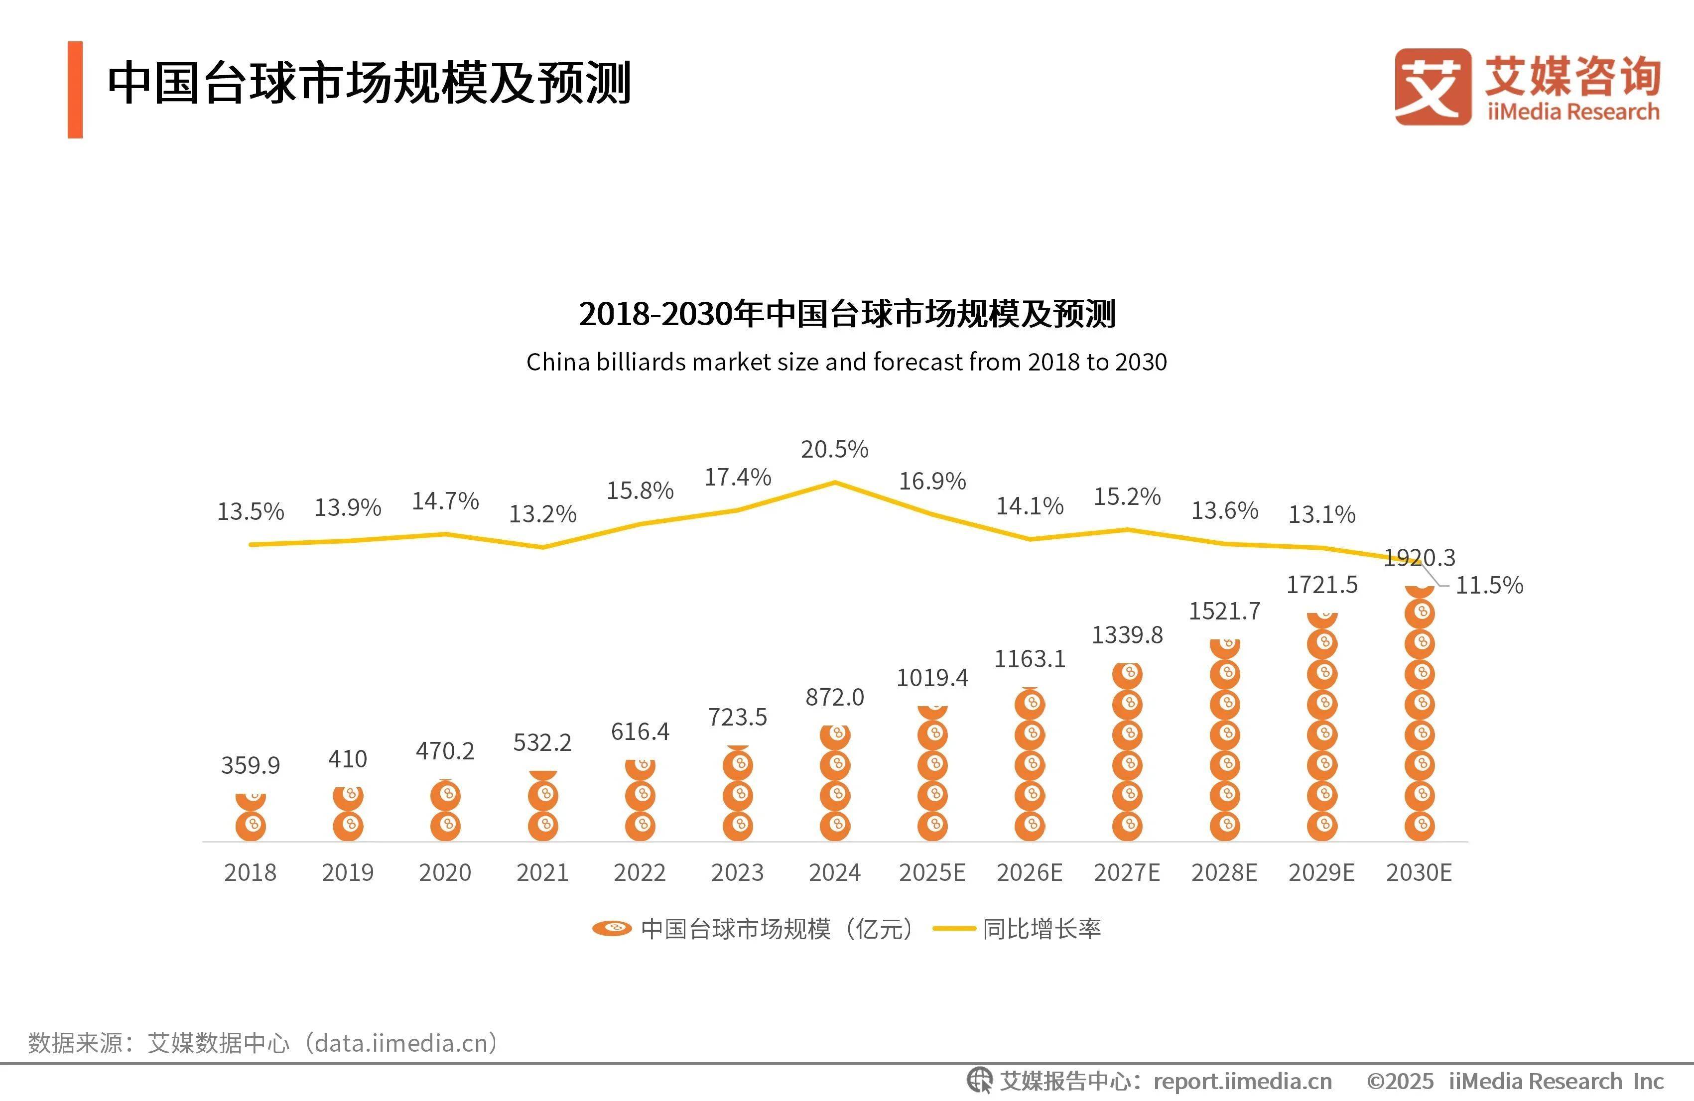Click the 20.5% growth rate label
[834, 449]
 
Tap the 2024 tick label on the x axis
[834, 872]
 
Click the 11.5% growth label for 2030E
[1489, 585]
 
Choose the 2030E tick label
[1419, 872]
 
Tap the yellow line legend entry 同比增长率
[1018, 929]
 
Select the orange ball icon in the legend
[612, 928]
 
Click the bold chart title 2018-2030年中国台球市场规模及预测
[846, 314]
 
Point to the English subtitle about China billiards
[846, 362]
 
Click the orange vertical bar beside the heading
[75, 90]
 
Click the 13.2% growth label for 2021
[542, 514]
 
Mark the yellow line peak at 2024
[834, 483]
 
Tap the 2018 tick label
[250, 872]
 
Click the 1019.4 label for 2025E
[932, 678]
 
